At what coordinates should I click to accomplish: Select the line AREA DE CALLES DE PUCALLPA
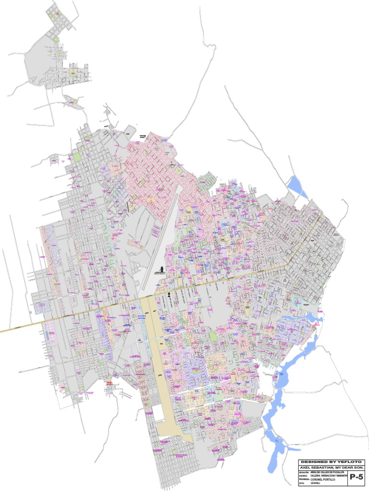328,473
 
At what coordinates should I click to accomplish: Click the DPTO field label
302,483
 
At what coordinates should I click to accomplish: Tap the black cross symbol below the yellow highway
169,294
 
